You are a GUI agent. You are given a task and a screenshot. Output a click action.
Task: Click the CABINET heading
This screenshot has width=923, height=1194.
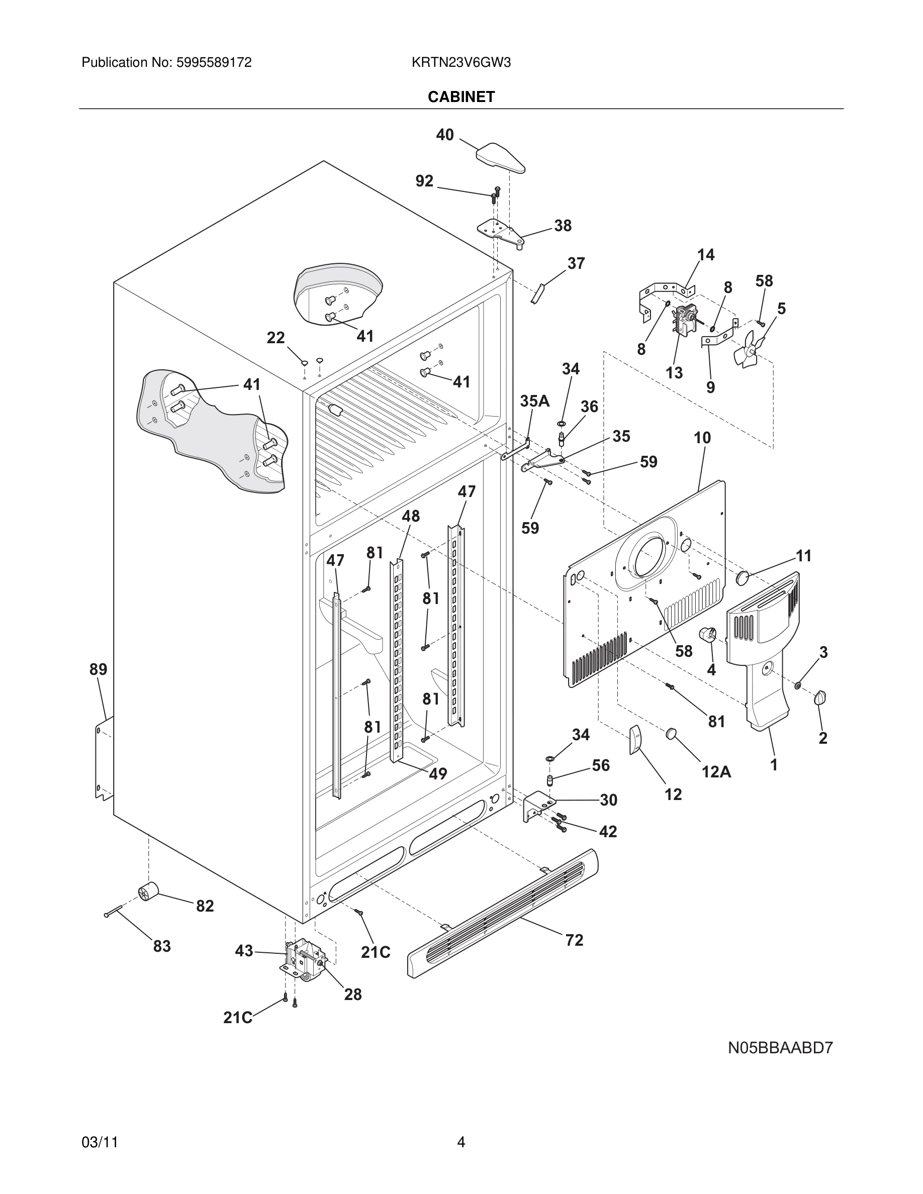(461, 97)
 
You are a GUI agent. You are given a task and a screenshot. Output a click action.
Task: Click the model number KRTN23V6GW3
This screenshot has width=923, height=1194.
(461, 63)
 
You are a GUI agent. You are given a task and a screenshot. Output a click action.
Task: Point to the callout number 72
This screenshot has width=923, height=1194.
(574, 940)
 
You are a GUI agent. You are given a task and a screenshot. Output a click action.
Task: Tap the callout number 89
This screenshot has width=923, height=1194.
(99, 669)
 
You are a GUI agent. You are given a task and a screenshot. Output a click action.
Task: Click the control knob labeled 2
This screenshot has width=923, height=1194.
(819, 698)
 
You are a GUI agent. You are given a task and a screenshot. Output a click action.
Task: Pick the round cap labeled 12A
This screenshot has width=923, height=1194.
(672, 734)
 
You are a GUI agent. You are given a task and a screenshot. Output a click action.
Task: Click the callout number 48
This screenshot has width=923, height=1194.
(411, 516)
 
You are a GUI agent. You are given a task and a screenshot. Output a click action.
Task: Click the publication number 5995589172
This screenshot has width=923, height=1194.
(214, 63)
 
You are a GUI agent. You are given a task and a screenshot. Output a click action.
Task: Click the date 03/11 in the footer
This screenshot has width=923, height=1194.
(100, 1142)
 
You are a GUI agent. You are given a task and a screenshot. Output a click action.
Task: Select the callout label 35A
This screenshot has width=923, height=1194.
(534, 401)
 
